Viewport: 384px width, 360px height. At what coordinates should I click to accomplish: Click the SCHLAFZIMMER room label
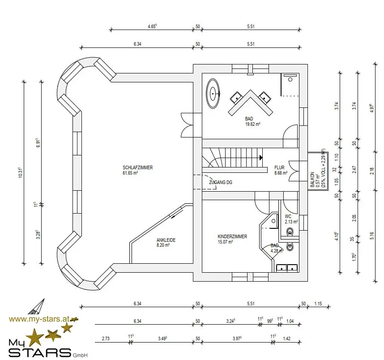point(138,167)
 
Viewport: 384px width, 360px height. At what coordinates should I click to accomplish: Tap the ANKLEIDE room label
point(166,240)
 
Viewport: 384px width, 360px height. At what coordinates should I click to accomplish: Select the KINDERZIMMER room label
point(232,236)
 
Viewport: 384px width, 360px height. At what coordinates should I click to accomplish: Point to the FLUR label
point(279,167)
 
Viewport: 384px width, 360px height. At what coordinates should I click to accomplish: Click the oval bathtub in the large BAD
point(213,94)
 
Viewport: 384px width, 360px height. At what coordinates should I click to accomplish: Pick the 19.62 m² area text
point(253,124)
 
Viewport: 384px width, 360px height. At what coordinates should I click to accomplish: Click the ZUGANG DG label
point(221,182)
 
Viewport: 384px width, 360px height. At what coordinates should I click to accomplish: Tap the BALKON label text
point(312,180)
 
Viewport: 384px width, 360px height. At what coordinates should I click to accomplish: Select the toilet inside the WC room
point(290,231)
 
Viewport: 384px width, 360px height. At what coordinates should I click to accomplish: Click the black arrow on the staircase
point(261,158)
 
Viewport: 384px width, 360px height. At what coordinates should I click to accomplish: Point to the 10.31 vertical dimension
point(21,172)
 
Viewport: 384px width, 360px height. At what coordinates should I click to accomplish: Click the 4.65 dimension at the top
point(152,26)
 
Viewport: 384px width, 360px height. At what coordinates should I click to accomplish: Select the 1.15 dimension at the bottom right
point(318,304)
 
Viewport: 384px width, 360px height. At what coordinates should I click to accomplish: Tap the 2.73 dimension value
point(106,339)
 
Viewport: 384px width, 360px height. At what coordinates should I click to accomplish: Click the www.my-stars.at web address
point(39,319)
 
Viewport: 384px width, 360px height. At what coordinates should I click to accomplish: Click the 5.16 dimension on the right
point(372,236)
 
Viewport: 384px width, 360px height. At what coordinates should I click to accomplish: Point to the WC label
point(288,216)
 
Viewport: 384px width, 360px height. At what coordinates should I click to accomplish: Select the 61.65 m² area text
point(130,173)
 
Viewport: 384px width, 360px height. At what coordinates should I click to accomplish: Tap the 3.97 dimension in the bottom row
point(237,339)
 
